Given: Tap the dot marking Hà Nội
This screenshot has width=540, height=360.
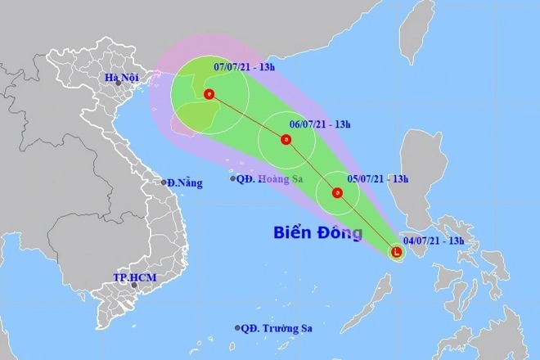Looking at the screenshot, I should tap(119, 83).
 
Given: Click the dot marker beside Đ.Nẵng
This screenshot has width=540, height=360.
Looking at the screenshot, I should tap(164, 182).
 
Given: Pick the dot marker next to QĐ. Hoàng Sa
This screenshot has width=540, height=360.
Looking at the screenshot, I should tap(234, 178).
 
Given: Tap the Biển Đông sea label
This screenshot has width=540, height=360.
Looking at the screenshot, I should tap(317, 234).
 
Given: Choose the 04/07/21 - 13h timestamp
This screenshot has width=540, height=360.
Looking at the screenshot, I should tap(434, 241).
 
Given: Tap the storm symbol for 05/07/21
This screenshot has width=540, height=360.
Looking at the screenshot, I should tap(337, 193).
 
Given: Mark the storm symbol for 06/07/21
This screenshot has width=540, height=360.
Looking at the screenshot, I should tap(286, 140).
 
